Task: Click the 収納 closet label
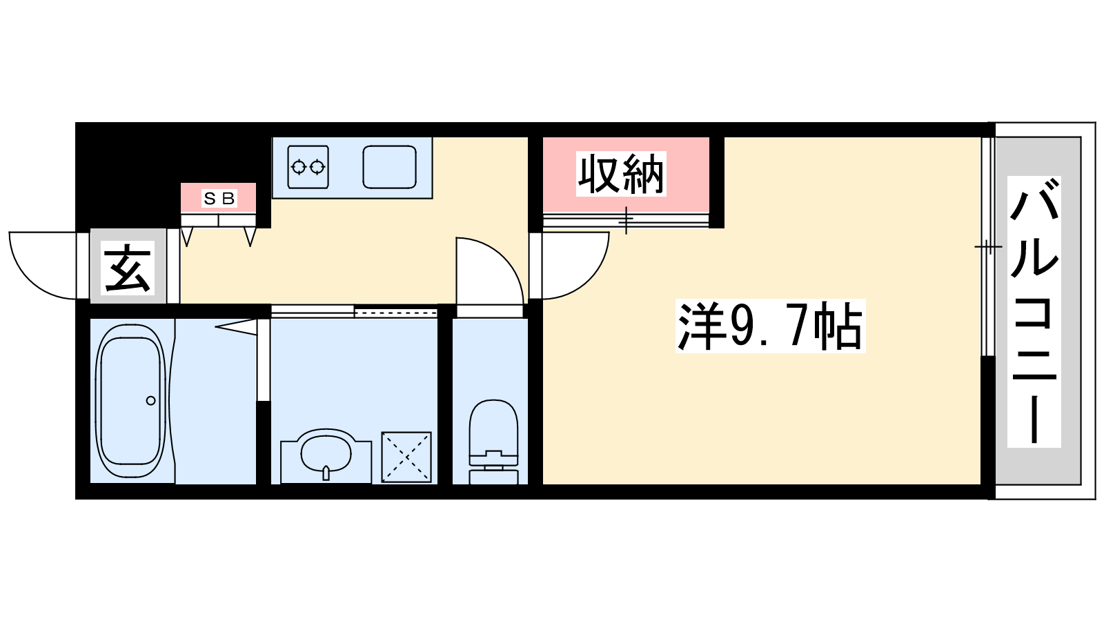click(621, 174)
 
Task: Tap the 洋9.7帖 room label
click(770, 326)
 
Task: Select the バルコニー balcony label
click(1034, 311)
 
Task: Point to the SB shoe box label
click(219, 198)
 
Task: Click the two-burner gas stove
click(308, 167)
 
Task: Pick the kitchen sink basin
click(389, 167)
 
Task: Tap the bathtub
click(130, 401)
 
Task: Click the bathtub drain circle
click(151, 401)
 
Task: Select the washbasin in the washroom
click(326, 451)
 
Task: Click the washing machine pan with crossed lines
click(406, 457)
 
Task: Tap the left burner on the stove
click(298, 168)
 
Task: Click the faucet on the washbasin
click(326, 473)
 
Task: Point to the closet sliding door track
click(626, 220)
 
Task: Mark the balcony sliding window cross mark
click(988, 246)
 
